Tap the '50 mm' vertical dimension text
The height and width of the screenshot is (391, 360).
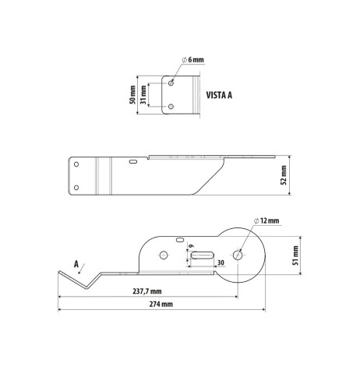click(x=133, y=95)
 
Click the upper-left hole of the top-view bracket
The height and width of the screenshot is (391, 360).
click(x=76, y=164)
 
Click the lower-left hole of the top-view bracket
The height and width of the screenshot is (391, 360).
click(x=76, y=187)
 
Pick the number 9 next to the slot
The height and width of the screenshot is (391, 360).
click(x=189, y=245)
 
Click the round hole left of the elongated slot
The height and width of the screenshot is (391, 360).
click(x=164, y=255)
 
